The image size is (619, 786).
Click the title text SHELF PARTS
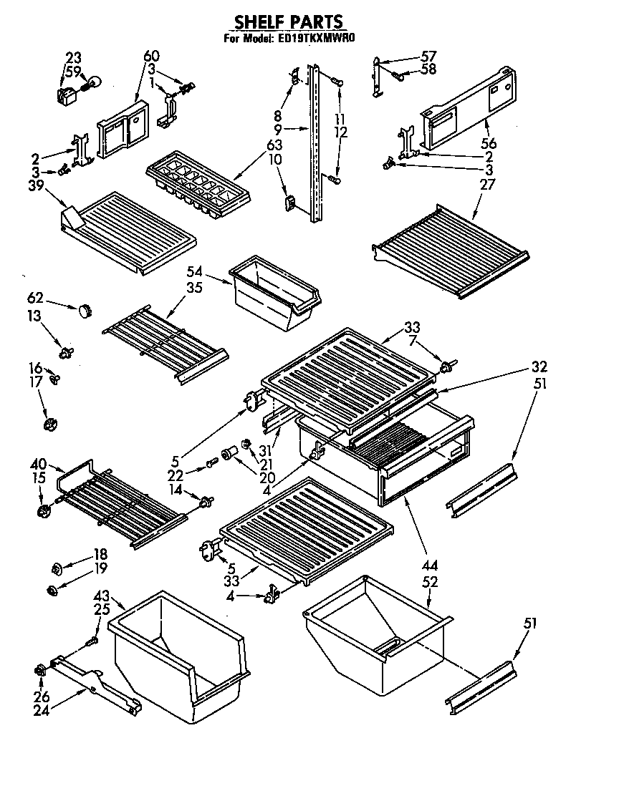pos(289,23)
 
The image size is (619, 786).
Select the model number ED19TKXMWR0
pos(314,39)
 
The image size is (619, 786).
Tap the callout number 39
pos(33,185)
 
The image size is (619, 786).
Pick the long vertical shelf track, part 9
pos(315,143)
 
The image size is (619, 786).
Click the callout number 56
pos(490,143)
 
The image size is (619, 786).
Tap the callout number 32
pos(539,367)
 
